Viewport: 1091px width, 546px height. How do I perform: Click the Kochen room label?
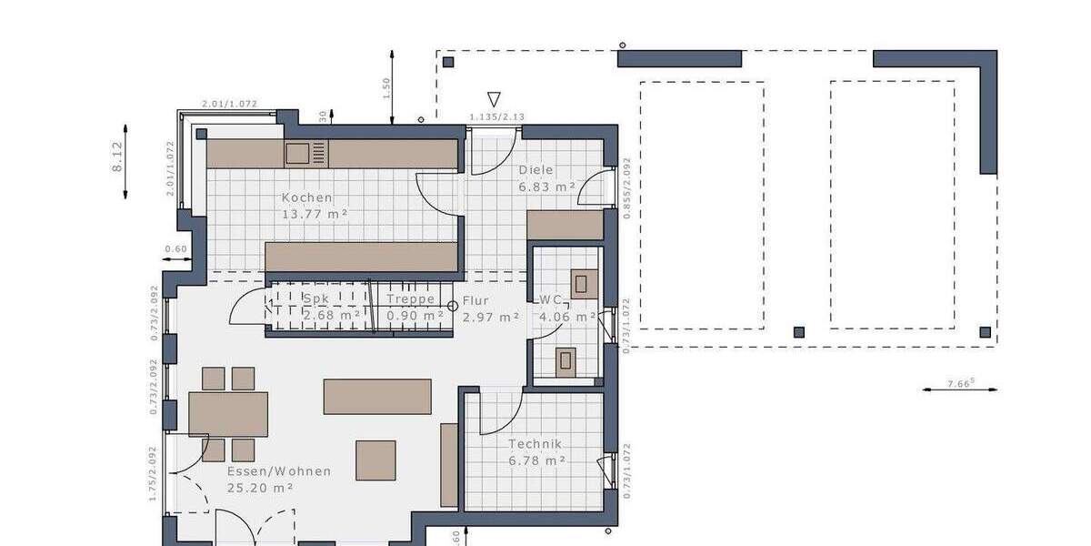pos(306,197)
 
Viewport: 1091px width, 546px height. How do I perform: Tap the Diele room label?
pos(535,170)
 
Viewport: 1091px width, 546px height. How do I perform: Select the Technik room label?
pos(535,444)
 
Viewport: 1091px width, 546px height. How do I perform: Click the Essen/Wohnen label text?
pos(278,471)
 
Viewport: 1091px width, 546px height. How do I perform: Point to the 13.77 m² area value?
pos(316,215)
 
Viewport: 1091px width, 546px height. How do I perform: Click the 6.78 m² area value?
pos(537,461)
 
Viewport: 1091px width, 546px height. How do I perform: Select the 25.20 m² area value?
pos(260,489)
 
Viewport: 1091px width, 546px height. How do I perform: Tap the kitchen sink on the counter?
pos(297,153)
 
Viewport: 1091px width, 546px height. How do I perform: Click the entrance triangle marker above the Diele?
pos(494,98)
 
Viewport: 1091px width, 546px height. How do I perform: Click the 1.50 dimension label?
pos(385,87)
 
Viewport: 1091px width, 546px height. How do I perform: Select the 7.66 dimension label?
pos(959,383)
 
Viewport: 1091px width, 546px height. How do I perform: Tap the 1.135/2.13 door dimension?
pos(496,117)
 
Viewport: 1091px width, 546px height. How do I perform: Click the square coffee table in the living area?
pos(375,460)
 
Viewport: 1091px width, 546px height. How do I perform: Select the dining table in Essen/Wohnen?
pos(228,414)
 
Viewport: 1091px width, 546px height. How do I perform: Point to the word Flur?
pos(475,299)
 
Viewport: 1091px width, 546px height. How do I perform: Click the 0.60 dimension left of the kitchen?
pos(175,249)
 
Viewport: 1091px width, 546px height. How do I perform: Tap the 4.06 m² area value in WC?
pos(567,317)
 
